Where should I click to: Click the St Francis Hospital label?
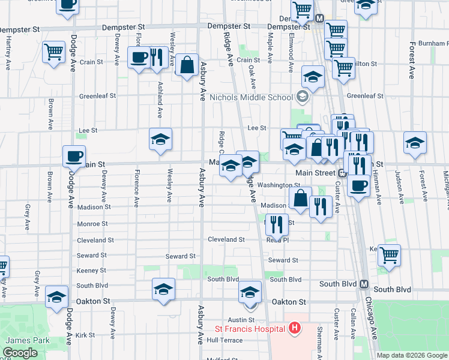[x=250, y=329]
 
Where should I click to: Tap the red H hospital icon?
[x=294, y=328]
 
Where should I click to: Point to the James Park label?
[x=22, y=340]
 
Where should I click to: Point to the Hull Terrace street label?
[x=224, y=340]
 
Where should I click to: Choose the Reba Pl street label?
[x=278, y=240]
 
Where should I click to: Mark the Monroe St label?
[x=92, y=223]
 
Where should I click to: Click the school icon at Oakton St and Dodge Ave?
[x=57, y=297]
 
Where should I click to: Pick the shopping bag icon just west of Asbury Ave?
[x=187, y=65]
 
